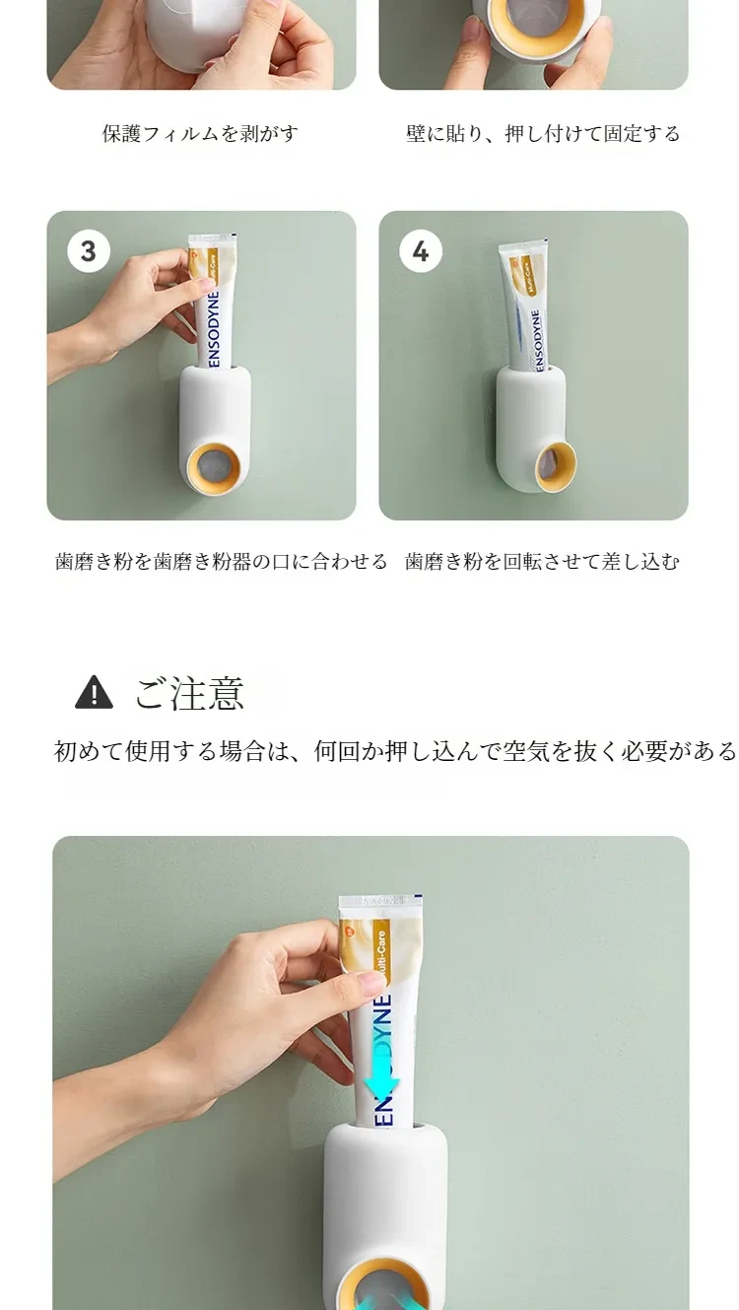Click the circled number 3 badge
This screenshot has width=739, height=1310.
89,251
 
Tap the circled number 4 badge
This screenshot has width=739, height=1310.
421,251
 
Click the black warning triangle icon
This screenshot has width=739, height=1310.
94,692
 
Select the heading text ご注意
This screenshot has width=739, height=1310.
189,693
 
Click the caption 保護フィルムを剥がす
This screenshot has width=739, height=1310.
200,134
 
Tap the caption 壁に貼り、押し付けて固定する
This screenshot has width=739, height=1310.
543,134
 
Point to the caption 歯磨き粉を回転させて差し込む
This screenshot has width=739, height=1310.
542,562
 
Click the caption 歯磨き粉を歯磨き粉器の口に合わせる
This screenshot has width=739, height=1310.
221,562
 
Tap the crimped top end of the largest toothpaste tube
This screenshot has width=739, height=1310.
381,901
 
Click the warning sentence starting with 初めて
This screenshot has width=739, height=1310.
395,751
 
